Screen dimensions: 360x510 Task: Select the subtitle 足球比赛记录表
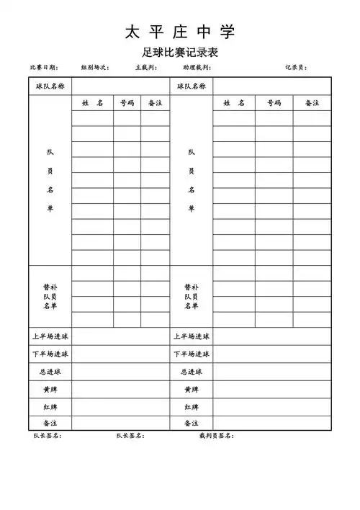pos(180,53)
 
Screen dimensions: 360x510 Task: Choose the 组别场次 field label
pos(94,68)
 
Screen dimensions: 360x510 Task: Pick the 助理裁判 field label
pos(197,68)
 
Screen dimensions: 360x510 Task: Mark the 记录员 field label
pos(295,68)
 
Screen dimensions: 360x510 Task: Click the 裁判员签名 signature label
pos(217,436)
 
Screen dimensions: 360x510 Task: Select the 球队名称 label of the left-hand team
pos(50,86)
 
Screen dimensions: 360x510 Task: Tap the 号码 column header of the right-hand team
pos(274,104)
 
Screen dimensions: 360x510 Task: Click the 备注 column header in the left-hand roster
pos(155,104)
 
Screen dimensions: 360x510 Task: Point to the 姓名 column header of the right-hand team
pos(234,104)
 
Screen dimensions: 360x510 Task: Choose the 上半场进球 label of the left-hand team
pos(50,336)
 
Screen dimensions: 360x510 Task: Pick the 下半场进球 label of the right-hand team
pos(192,354)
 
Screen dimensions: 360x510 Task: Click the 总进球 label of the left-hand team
pos(50,372)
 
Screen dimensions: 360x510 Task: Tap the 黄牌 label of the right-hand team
pos(192,390)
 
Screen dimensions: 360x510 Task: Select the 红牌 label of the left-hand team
pos(50,407)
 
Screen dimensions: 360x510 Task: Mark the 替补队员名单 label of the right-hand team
pos(192,296)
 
